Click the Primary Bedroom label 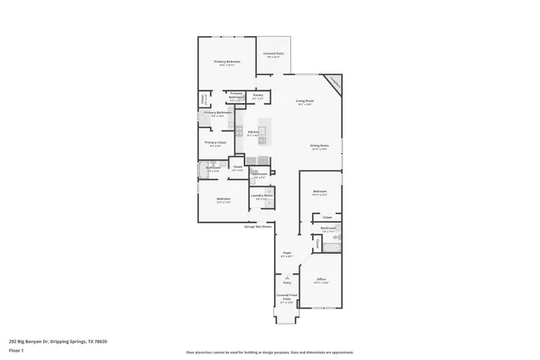(227, 62)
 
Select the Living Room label (305, 102)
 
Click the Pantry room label (258, 96)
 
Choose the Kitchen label (252, 132)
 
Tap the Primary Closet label (216, 143)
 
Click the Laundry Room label (262, 196)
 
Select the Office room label (321, 280)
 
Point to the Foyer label (287, 253)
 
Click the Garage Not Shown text (258, 226)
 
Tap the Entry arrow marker (287, 278)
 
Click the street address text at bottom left (58, 341)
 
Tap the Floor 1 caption (16, 350)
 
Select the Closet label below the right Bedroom (327, 216)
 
